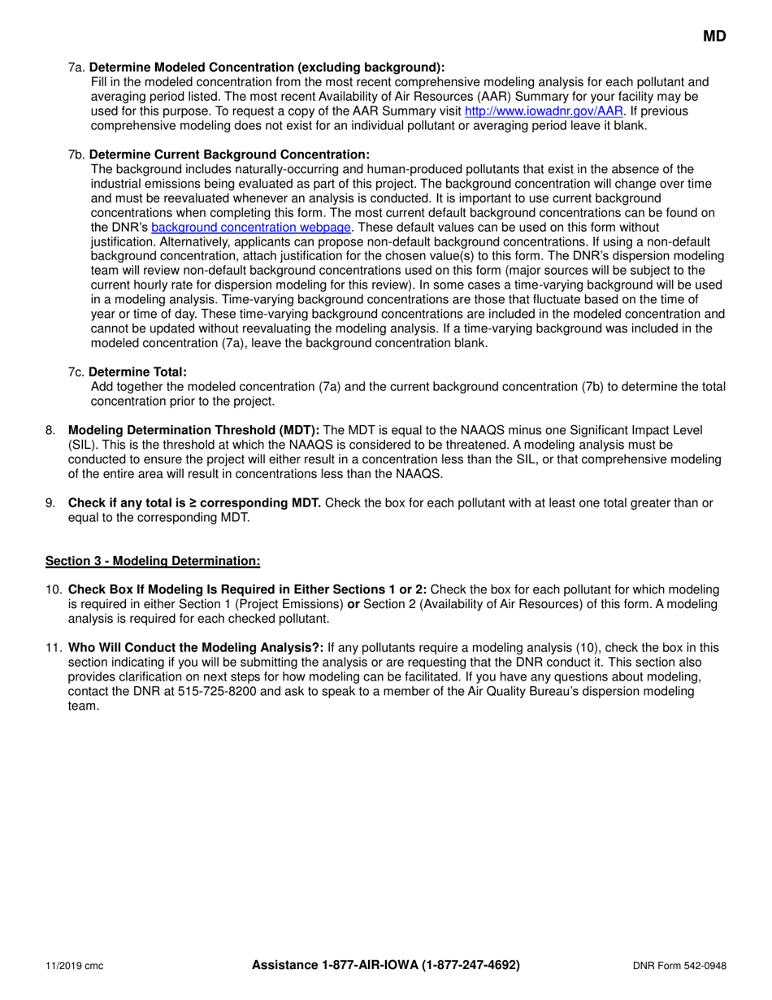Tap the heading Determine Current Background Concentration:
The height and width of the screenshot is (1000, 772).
(228, 154)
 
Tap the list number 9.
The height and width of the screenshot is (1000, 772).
(50, 502)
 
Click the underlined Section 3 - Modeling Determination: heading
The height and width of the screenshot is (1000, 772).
(153, 560)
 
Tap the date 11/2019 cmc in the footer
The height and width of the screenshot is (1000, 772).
(74, 966)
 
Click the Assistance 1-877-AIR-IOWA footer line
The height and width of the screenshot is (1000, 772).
(385, 965)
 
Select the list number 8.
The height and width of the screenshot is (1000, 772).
(50, 429)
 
